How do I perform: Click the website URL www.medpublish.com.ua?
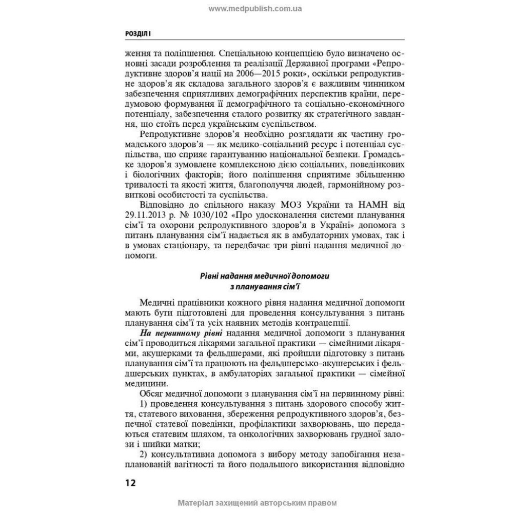[255, 9]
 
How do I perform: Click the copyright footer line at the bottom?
[256, 503]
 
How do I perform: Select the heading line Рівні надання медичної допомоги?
[257, 276]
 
